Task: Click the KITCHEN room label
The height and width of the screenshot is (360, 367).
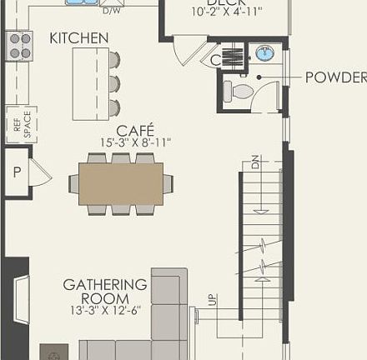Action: pyautogui.click(x=78, y=38)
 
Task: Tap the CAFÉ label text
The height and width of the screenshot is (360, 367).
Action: pyautogui.click(x=134, y=131)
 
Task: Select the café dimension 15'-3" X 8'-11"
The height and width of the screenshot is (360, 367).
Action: pyautogui.click(x=134, y=143)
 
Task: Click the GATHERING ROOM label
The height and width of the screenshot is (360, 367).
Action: pyautogui.click(x=105, y=292)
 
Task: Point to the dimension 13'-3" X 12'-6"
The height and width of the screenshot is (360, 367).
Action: pyautogui.click(x=105, y=310)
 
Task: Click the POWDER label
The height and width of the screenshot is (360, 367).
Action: pyautogui.click(x=335, y=77)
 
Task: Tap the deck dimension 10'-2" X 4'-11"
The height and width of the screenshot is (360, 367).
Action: pyautogui.click(x=227, y=12)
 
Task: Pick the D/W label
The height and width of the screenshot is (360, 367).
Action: pyautogui.click(x=111, y=12)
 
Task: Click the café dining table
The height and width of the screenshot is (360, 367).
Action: pyautogui.click(x=121, y=183)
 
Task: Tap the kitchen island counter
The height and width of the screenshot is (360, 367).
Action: pyautogui.click(x=90, y=83)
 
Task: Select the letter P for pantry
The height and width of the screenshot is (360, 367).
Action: pyautogui.click(x=15, y=173)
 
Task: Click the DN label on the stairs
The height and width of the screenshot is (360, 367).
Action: pyautogui.click(x=255, y=162)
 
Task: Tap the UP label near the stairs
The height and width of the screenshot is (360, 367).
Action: pyautogui.click(x=212, y=300)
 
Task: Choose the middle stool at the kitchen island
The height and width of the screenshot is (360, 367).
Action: pyautogui.click(x=114, y=83)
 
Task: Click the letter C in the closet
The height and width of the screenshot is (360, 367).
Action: pyautogui.click(x=215, y=60)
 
